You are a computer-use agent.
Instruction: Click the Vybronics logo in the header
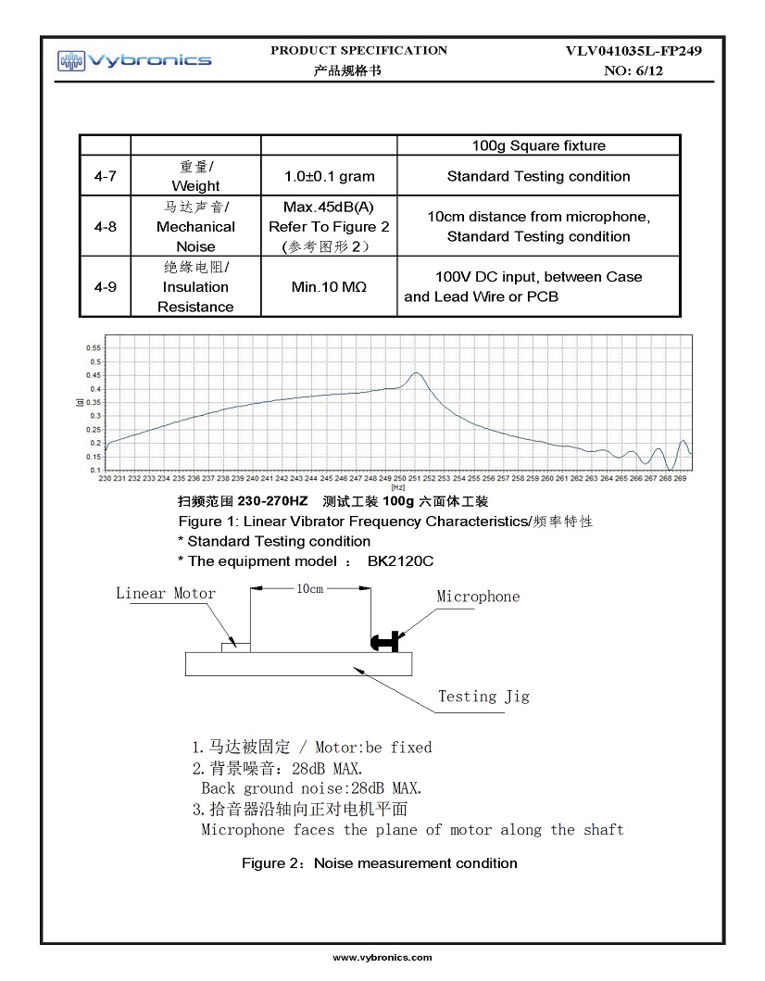(x=134, y=61)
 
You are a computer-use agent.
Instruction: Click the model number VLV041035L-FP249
(x=633, y=51)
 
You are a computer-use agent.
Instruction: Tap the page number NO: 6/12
(x=633, y=70)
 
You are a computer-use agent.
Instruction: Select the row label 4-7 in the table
(x=105, y=176)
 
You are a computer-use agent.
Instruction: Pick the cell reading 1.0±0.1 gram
(x=329, y=176)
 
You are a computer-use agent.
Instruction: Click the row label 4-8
(x=105, y=226)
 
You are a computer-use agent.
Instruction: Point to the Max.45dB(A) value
(x=329, y=206)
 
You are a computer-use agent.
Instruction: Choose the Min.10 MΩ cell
(x=329, y=287)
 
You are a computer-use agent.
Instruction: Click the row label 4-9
(x=105, y=287)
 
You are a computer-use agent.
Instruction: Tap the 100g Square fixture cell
(x=538, y=145)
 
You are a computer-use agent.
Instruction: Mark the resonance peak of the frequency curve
(x=417, y=373)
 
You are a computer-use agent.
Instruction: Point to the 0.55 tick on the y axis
(x=94, y=347)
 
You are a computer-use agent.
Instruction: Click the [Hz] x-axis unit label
(x=398, y=487)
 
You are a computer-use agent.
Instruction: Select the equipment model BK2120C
(x=401, y=561)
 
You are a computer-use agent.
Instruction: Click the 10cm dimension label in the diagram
(x=309, y=588)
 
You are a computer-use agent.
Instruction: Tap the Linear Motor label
(x=166, y=594)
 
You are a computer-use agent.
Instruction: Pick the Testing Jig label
(x=483, y=696)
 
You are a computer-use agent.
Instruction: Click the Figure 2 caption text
(x=379, y=863)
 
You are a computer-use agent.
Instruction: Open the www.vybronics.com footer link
(x=382, y=957)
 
